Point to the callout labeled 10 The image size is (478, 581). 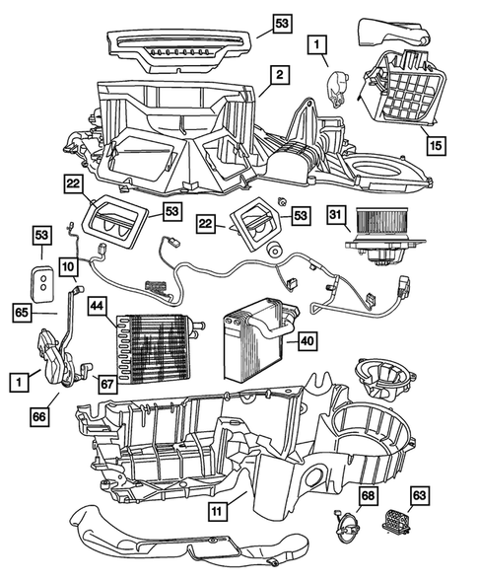67,266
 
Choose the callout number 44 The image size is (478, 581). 98,306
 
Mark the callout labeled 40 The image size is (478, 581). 307,341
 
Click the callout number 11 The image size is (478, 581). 216,510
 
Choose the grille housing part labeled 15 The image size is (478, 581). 403,95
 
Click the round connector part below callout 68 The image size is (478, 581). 347,528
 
